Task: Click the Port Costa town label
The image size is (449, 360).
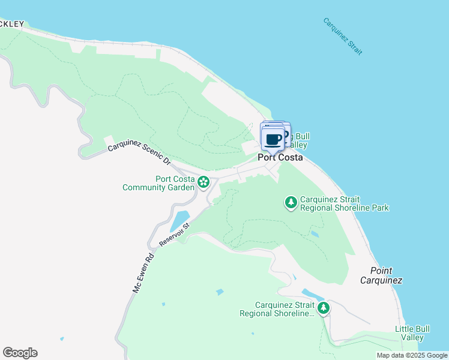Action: [x=280, y=158]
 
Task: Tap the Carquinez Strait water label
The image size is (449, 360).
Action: [x=342, y=37]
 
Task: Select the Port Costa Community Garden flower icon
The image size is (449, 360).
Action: [x=203, y=181]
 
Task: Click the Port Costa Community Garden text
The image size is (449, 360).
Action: [x=159, y=183]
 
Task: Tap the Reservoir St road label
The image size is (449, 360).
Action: [x=175, y=235]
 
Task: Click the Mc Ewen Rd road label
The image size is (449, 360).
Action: [x=143, y=273]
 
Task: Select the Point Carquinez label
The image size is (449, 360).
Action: [x=381, y=276]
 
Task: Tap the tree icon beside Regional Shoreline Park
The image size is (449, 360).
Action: [x=291, y=202]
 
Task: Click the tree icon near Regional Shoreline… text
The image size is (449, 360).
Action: [x=324, y=308]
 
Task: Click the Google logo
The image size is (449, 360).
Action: [x=20, y=353]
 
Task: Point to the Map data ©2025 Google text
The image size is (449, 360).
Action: [x=412, y=355]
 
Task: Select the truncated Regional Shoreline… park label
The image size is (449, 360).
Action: [x=277, y=309]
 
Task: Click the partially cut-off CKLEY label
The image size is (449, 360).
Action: [x=11, y=25]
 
